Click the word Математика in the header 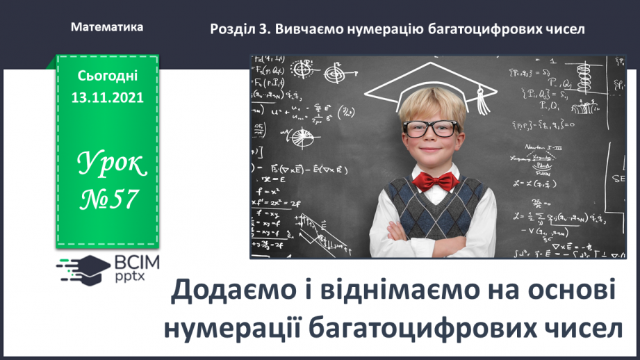[x=107, y=27]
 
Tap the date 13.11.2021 [x=107, y=98]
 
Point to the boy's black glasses [x=431, y=128]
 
